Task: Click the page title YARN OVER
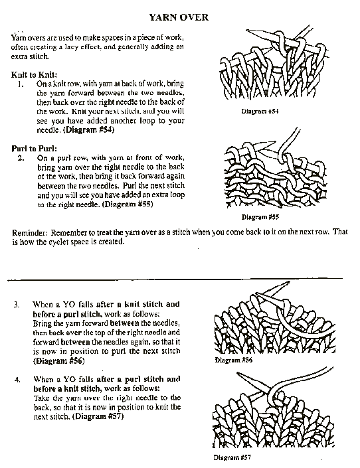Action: point(179,17)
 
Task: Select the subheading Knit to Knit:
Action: point(35,74)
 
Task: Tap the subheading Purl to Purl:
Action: point(34,148)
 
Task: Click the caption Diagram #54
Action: point(260,112)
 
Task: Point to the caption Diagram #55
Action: point(260,217)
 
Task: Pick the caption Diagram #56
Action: point(233,360)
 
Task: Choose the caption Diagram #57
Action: point(232,457)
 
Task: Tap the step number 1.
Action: point(21,84)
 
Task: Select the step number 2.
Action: point(21,158)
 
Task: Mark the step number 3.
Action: point(17,305)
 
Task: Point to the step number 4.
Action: point(17,380)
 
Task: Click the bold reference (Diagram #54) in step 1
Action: point(88,130)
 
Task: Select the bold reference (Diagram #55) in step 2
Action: point(128,204)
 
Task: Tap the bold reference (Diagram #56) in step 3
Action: point(59,361)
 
